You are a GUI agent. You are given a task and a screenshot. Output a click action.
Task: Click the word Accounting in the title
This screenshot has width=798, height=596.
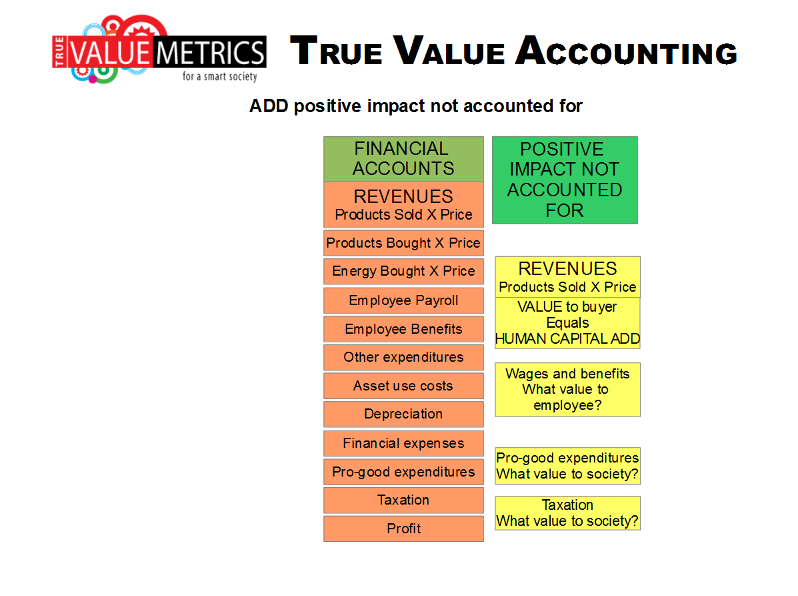(x=627, y=51)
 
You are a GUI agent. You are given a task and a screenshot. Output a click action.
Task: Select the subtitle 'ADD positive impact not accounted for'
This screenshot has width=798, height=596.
(x=415, y=106)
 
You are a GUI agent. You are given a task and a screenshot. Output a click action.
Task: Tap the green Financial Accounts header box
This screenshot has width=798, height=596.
(x=403, y=159)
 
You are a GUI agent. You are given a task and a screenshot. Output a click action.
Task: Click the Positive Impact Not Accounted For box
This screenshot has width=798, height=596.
(x=565, y=180)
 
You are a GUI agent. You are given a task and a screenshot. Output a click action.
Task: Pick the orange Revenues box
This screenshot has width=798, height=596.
(x=403, y=205)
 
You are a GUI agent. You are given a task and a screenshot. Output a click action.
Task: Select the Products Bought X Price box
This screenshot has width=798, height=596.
(x=403, y=243)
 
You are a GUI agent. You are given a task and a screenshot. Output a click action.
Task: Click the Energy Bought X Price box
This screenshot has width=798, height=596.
(x=403, y=272)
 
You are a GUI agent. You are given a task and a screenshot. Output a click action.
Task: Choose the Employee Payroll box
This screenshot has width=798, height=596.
(x=403, y=300)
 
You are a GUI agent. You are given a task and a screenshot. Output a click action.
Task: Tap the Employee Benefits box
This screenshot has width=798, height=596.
(x=403, y=329)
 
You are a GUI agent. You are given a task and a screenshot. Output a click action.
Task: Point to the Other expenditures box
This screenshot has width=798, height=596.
(x=403, y=358)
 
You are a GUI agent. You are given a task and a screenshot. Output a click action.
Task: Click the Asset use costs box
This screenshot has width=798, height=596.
(x=403, y=386)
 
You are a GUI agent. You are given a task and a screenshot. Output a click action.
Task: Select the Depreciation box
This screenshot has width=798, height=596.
(x=403, y=414)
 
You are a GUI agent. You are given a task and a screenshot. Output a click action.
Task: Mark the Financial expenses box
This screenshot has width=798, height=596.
(x=403, y=444)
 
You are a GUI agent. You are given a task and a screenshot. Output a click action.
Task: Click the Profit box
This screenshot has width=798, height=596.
(x=403, y=529)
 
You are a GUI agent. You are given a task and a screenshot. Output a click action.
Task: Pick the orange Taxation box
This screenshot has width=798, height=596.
(x=403, y=501)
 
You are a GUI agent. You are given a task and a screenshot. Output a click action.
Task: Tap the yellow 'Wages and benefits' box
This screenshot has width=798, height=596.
(x=567, y=390)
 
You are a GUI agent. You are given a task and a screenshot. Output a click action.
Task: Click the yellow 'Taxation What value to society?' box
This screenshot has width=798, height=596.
(x=567, y=513)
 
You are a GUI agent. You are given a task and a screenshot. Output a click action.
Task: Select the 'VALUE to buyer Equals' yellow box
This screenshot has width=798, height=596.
(x=567, y=323)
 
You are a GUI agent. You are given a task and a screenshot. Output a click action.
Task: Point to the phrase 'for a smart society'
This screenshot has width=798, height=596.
(x=220, y=76)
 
